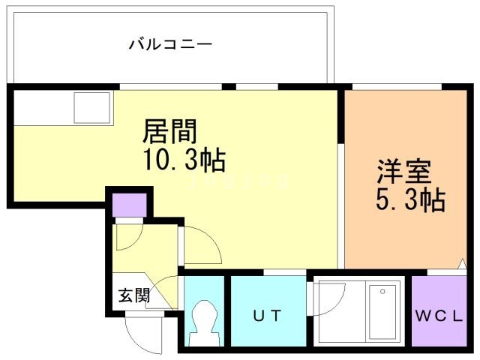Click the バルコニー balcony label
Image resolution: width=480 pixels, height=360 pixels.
click(x=170, y=44)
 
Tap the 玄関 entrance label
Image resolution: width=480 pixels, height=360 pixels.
click(x=133, y=295)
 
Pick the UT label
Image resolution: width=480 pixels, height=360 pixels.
click(x=267, y=316)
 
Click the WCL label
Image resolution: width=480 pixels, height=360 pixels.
click(x=440, y=316)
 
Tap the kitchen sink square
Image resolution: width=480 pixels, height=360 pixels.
click(x=91, y=109)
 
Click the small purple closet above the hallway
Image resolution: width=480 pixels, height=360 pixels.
click(x=128, y=205)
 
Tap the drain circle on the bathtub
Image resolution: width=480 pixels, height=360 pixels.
click(x=383, y=291)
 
